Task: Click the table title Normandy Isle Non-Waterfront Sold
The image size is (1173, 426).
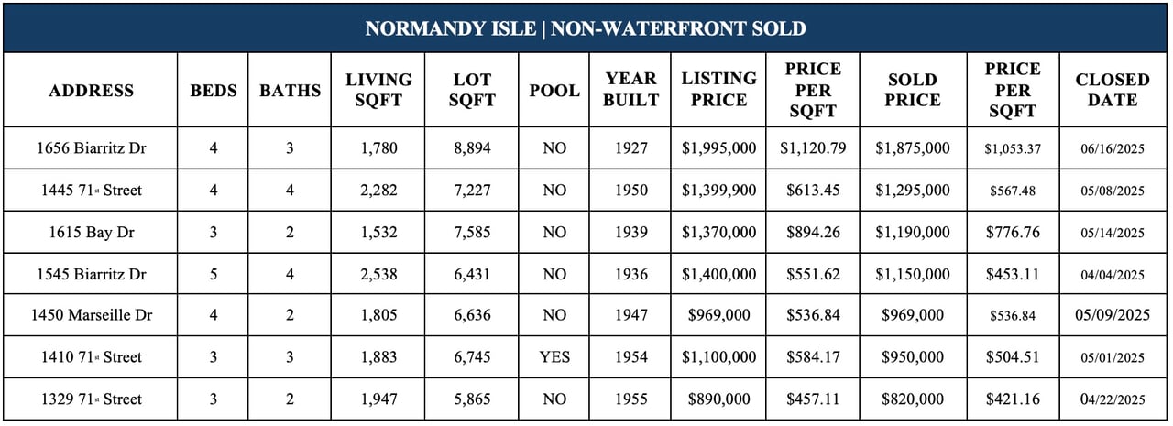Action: coord(586,28)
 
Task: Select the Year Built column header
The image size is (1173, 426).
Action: coord(630,89)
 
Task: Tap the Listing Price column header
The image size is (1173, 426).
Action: coord(718,89)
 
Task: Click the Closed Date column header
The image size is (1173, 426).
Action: coord(1113,90)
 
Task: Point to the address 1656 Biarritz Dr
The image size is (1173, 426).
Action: coord(91,148)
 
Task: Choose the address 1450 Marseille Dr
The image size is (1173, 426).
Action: coord(91,315)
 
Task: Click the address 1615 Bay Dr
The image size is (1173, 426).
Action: coord(91,233)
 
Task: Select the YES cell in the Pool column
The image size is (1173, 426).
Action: coord(554,357)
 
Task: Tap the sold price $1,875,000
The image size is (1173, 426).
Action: coord(912,148)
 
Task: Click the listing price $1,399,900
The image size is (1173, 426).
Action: coord(718,190)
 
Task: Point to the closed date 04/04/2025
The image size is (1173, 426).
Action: coord(1113,275)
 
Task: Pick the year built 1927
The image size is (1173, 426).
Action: coord(631,148)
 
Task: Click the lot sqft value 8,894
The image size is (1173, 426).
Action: coord(472,148)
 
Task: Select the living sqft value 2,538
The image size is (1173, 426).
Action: coord(378,274)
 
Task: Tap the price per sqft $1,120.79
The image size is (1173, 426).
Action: coord(813,148)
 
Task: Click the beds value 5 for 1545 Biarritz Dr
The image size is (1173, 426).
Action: coord(214,274)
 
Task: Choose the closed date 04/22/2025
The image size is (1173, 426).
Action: coord(1113,399)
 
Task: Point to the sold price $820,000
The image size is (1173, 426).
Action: coord(912,399)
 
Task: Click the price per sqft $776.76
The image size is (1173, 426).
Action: coord(1013,233)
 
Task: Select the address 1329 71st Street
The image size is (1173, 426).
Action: coord(91,399)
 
